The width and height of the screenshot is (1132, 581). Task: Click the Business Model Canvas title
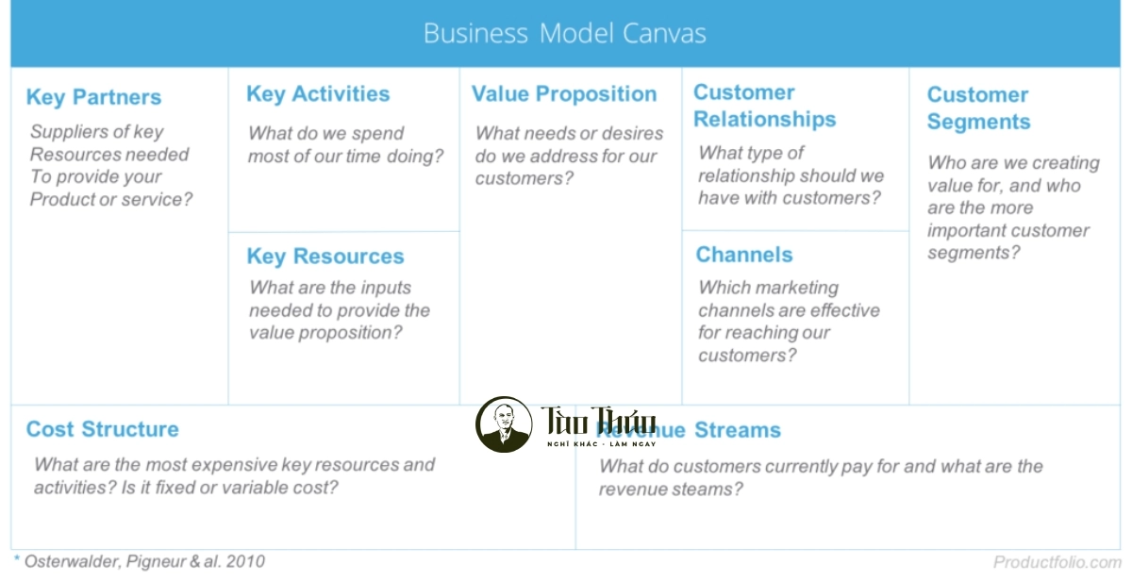[x=564, y=34]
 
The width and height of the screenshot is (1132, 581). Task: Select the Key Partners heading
[x=93, y=97]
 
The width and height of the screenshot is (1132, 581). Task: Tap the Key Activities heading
[x=318, y=94]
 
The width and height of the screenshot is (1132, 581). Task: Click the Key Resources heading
[x=325, y=257]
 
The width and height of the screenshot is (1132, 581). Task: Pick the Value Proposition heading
[x=564, y=94]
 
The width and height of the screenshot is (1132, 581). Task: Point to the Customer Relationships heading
[x=764, y=106]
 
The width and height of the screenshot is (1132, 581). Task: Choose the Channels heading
[x=744, y=255]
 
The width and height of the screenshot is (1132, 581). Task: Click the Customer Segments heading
[x=978, y=108]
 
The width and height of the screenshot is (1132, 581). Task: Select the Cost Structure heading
[x=102, y=429]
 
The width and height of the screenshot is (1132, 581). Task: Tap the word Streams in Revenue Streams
[x=738, y=430]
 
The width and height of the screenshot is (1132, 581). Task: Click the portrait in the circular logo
[x=504, y=424]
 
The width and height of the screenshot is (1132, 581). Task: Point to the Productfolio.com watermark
[x=1057, y=562]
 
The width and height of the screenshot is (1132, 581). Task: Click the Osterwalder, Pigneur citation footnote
[x=141, y=561]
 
